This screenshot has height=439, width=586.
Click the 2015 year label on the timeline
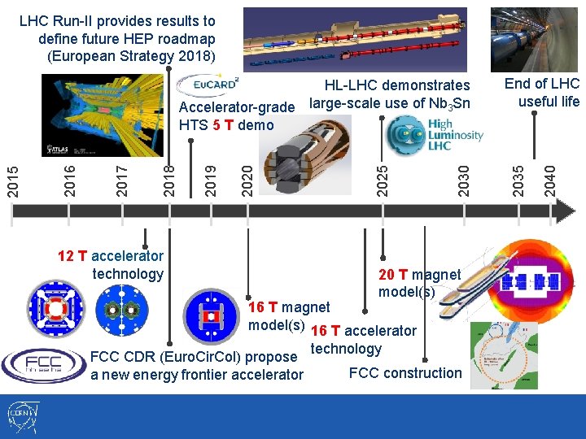tap(13, 179)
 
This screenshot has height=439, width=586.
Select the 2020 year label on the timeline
tap(247, 179)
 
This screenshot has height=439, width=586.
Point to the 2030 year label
tap(464, 179)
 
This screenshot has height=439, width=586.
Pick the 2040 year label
tap(550, 179)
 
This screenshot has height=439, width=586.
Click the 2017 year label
tap(122, 179)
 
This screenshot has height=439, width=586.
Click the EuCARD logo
tap(208, 85)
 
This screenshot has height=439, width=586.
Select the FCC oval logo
tap(43, 365)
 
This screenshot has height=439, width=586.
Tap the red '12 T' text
tap(72, 256)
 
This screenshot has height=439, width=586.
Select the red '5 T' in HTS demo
tap(223, 124)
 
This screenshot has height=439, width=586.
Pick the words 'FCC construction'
tap(405, 373)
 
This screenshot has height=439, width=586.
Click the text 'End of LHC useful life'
tap(541, 92)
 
